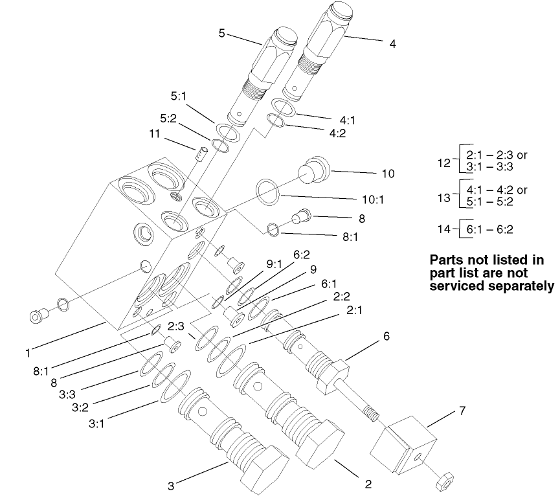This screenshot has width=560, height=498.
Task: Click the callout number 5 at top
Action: tap(221, 33)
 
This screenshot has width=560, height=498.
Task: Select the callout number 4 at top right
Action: tap(392, 44)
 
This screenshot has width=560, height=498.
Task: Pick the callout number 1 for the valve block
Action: tap(28, 353)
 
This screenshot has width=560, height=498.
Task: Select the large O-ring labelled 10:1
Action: tap(267, 190)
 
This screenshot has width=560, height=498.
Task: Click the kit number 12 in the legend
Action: tap(443, 163)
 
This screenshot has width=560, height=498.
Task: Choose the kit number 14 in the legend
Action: tap(443, 228)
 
